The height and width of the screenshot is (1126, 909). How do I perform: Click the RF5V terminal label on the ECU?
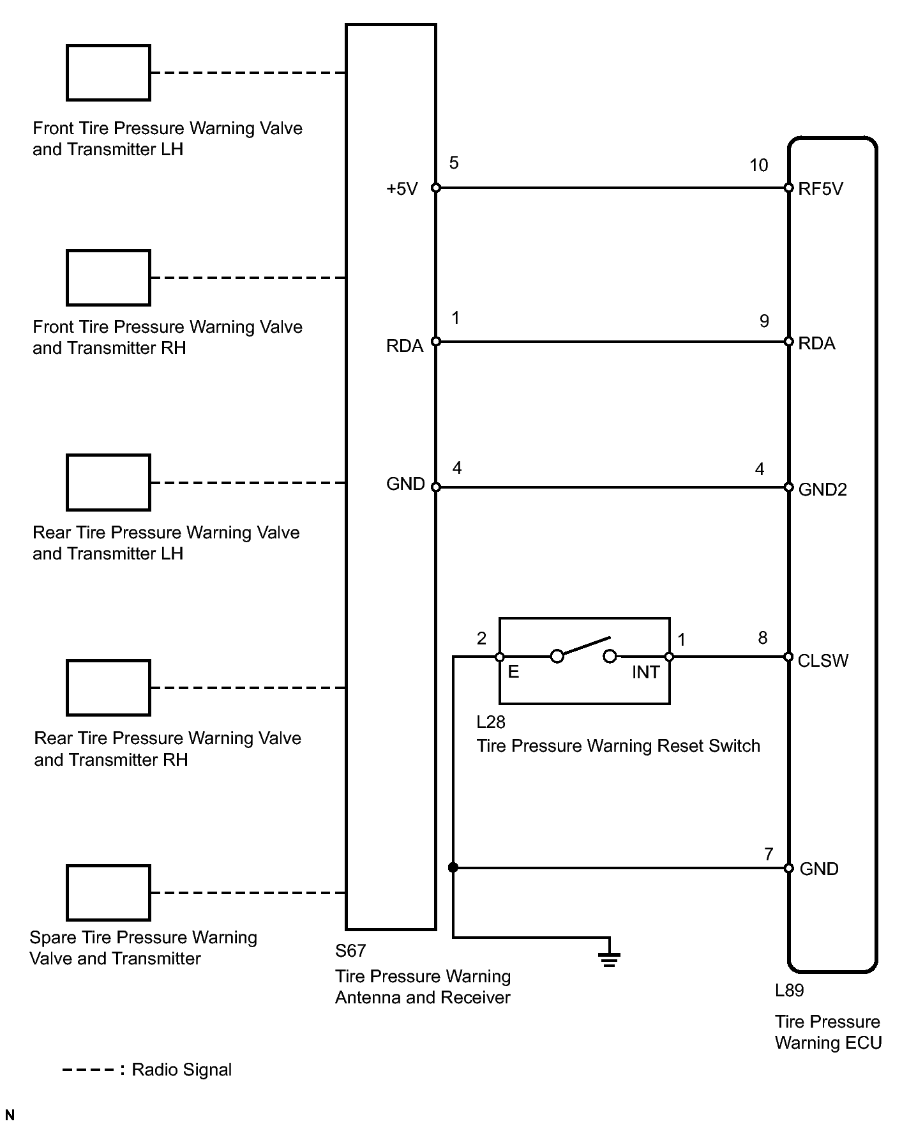pyautogui.click(x=820, y=188)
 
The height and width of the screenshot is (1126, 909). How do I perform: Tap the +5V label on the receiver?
pyautogui.click(x=402, y=189)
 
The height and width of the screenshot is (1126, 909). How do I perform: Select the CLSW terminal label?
pyautogui.click(x=823, y=660)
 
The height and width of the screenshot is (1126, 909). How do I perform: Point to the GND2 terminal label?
pyautogui.click(x=822, y=489)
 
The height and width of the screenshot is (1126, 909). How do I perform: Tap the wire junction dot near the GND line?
pyautogui.click(x=453, y=867)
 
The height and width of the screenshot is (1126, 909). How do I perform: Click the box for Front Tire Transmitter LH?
pyautogui.click(x=109, y=73)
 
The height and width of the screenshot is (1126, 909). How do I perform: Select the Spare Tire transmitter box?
pyautogui.click(x=109, y=893)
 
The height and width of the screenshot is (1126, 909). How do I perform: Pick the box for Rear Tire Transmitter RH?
pyautogui.click(x=109, y=688)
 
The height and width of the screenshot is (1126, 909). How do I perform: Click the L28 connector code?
pyautogui.click(x=491, y=722)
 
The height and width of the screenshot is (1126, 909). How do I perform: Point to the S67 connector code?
pyautogui.click(x=350, y=951)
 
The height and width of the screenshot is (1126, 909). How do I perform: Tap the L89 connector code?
pyautogui.click(x=789, y=991)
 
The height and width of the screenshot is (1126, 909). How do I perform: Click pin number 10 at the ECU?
pyautogui.click(x=758, y=165)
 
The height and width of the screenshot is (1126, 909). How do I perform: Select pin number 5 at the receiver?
pyautogui.click(x=454, y=163)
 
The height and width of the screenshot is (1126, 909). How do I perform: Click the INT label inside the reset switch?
pyautogui.click(x=645, y=673)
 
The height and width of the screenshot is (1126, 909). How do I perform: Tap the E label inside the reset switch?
pyautogui.click(x=513, y=672)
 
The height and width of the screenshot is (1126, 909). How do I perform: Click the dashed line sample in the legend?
pyautogui.click(x=89, y=1070)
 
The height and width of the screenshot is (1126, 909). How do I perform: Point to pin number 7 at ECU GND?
pyautogui.click(x=769, y=854)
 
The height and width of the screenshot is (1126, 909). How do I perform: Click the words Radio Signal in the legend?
pyautogui.click(x=181, y=1070)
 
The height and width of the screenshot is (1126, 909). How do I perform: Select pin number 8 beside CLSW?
pyautogui.click(x=762, y=638)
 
